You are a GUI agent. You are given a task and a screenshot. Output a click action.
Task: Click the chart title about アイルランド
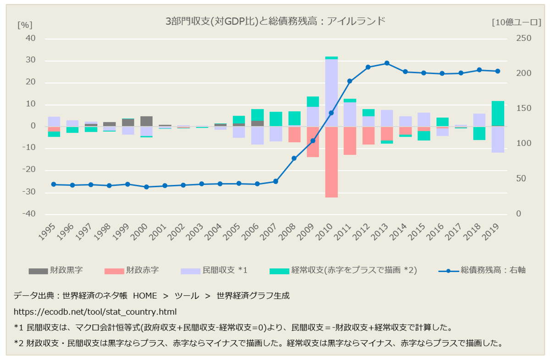(275, 21)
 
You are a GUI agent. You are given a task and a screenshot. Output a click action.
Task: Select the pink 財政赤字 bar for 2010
(331, 162)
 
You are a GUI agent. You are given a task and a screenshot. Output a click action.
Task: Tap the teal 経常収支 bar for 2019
(498, 113)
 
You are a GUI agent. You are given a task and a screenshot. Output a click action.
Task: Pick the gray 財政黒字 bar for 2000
(146, 121)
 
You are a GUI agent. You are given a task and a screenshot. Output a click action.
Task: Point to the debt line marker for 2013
(387, 63)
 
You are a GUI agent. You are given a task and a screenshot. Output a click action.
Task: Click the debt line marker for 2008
(294, 158)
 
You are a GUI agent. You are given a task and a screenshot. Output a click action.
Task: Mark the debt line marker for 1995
(54, 184)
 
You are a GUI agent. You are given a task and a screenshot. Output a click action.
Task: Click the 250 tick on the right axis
(522, 39)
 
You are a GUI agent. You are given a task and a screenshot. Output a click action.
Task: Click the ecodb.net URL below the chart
(95, 312)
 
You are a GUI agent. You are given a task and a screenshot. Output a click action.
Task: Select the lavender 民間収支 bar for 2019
(498, 139)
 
